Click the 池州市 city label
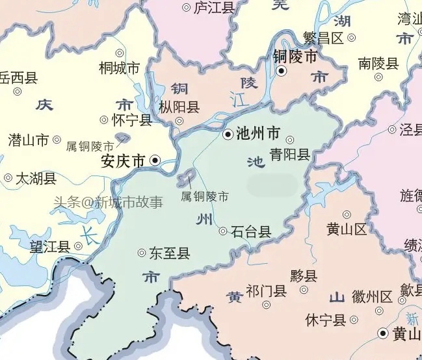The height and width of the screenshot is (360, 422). (x=259, y=135)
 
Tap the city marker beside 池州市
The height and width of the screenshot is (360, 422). (x=228, y=135)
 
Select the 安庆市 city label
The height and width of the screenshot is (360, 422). (x=123, y=160)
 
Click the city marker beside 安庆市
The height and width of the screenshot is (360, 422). (x=155, y=159)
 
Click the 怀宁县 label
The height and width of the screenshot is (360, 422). (x=132, y=120)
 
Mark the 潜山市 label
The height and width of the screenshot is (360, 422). (x=28, y=140)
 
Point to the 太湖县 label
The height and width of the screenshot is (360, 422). (x=36, y=178)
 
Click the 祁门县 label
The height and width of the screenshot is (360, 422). (x=267, y=290)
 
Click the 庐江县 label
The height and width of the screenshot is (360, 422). (x=214, y=8)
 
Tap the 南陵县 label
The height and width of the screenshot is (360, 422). (x=378, y=64)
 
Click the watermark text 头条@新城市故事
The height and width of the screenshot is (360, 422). (x=108, y=202)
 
